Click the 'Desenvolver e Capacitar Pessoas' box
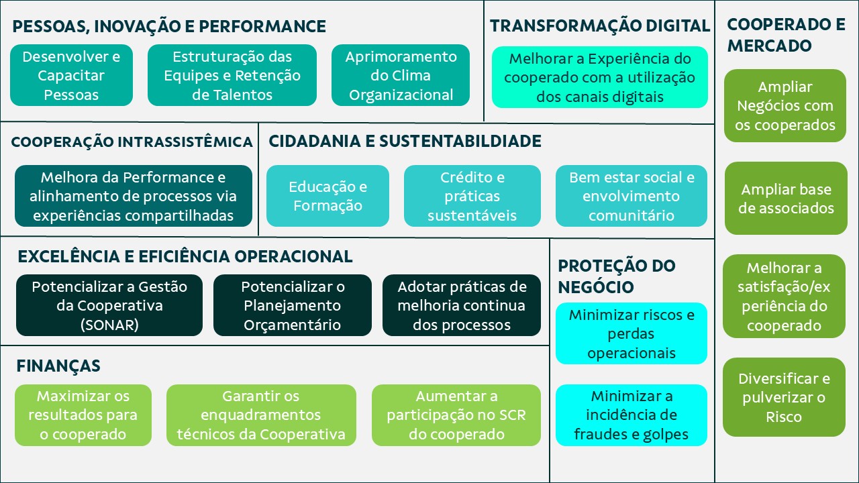pos(71,75)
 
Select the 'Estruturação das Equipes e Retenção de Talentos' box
pos(232,75)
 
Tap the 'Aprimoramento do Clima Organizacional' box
pos(401,75)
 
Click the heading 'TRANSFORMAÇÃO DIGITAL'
pos(599,26)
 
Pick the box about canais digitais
pos(599,78)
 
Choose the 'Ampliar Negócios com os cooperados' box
pos(785,106)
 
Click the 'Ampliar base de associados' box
pos(785,199)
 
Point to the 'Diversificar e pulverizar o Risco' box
pos(784,397)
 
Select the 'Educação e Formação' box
pos(327,196)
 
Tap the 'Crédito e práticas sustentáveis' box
pos(472,196)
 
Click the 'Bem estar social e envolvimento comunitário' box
pos(631,196)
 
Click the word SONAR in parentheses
pos(109,325)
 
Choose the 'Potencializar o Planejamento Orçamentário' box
pos(292,305)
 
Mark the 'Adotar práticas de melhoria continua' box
pos(461,305)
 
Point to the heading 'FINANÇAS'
pos(58,366)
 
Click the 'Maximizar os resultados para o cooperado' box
pos(83,415)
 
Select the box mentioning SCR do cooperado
pos(456,415)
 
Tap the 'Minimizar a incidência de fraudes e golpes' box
pos(631,415)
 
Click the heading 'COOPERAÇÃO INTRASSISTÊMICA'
pos(132,142)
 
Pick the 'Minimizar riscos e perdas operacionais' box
pos(631,333)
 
